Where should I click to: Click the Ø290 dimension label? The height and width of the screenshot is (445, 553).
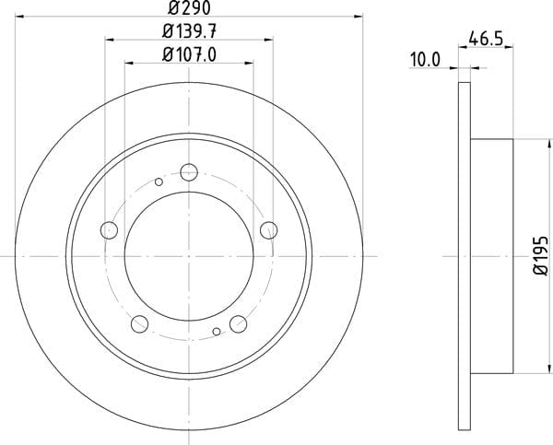point(189,7)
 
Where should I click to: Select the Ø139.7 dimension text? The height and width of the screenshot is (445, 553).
point(189,32)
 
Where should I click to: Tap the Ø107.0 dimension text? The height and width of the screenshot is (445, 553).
point(189,55)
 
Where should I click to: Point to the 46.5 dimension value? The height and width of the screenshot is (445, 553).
point(486,39)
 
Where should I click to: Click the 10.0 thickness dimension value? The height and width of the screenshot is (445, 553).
point(425,60)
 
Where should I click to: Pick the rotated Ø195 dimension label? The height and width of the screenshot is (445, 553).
point(540,255)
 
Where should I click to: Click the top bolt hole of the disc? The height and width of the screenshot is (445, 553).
point(189,172)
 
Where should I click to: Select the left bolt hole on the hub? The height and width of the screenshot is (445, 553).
point(109,230)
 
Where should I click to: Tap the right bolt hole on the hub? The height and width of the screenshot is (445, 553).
point(269,230)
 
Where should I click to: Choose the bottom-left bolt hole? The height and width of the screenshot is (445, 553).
point(140,324)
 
